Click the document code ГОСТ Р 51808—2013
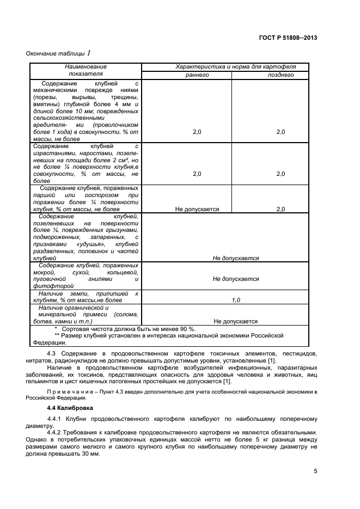click(x=288, y=38)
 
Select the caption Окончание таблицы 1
click(x=58, y=53)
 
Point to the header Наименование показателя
click(x=85, y=70)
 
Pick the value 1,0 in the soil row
click(x=236, y=300)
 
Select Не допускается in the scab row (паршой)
click(x=197, y=209)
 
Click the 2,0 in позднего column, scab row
click(x=280, y=209)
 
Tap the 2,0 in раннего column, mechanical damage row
click(x=197, y=132)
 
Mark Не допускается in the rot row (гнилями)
click(x=236, y=279)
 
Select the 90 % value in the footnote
click(x=185, y=329)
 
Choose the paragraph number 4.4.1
click(x=56, y=419)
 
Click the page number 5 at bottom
click(x=315, y=471)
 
